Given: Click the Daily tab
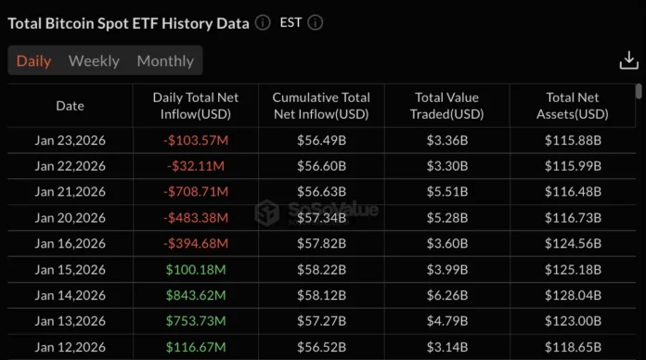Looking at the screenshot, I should (x=33, y=61).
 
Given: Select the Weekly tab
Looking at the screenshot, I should (x=94, y=61).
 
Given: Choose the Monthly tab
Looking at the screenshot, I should (x=165, y=61).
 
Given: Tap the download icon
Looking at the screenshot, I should (x=628, y=61).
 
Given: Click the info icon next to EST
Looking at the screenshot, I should (x=316, y=22).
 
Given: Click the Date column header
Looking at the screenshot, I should (x=70, y=106).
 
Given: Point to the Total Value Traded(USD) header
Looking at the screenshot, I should (x=446, y=106).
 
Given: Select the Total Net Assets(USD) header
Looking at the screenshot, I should (x=573, y=106).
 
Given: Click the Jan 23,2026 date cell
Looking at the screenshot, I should (x=70, y=141).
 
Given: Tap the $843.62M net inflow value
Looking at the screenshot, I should (x=196, y=295).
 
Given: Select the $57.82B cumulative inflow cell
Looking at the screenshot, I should (x=321, y=244).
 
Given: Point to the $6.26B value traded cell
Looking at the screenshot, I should (x=446, y=295).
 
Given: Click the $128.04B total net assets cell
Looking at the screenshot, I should (x=573, y=295).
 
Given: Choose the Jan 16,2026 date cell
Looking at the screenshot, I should (x=70, y=244).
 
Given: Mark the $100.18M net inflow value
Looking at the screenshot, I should (x=196, y=269).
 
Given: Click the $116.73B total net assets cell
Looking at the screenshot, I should (x=573, y=218).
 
